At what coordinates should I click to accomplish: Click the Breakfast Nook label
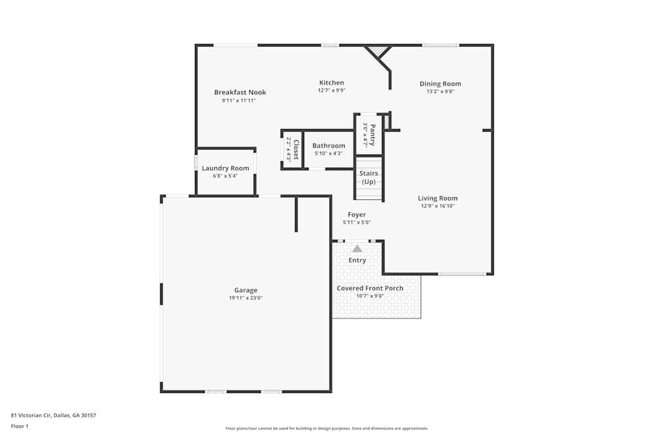pos(240,92)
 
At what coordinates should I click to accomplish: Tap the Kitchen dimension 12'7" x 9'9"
pos(332,91)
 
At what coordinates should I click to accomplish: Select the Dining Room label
pos(440,84)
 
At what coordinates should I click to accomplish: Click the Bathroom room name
pos(328,145)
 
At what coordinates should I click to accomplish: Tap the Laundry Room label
pos(225,168)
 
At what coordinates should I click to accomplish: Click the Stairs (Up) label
pos(369,178)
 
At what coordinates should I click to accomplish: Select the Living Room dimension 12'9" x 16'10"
pos(438,206)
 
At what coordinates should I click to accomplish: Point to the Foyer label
pos(356,215)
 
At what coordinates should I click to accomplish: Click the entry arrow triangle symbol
pos(357,248)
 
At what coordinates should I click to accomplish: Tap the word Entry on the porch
pos(357,261)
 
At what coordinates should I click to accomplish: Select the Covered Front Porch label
pos(370,288)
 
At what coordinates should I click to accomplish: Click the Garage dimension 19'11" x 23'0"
pos(246,298)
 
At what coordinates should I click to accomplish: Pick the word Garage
pos(246,290)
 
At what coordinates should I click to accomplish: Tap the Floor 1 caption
pos(20,426)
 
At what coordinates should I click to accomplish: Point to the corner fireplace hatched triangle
pos(377,50)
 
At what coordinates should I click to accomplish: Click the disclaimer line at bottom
pos(327,428)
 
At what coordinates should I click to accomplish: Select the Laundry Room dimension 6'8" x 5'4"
pos(225,176)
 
